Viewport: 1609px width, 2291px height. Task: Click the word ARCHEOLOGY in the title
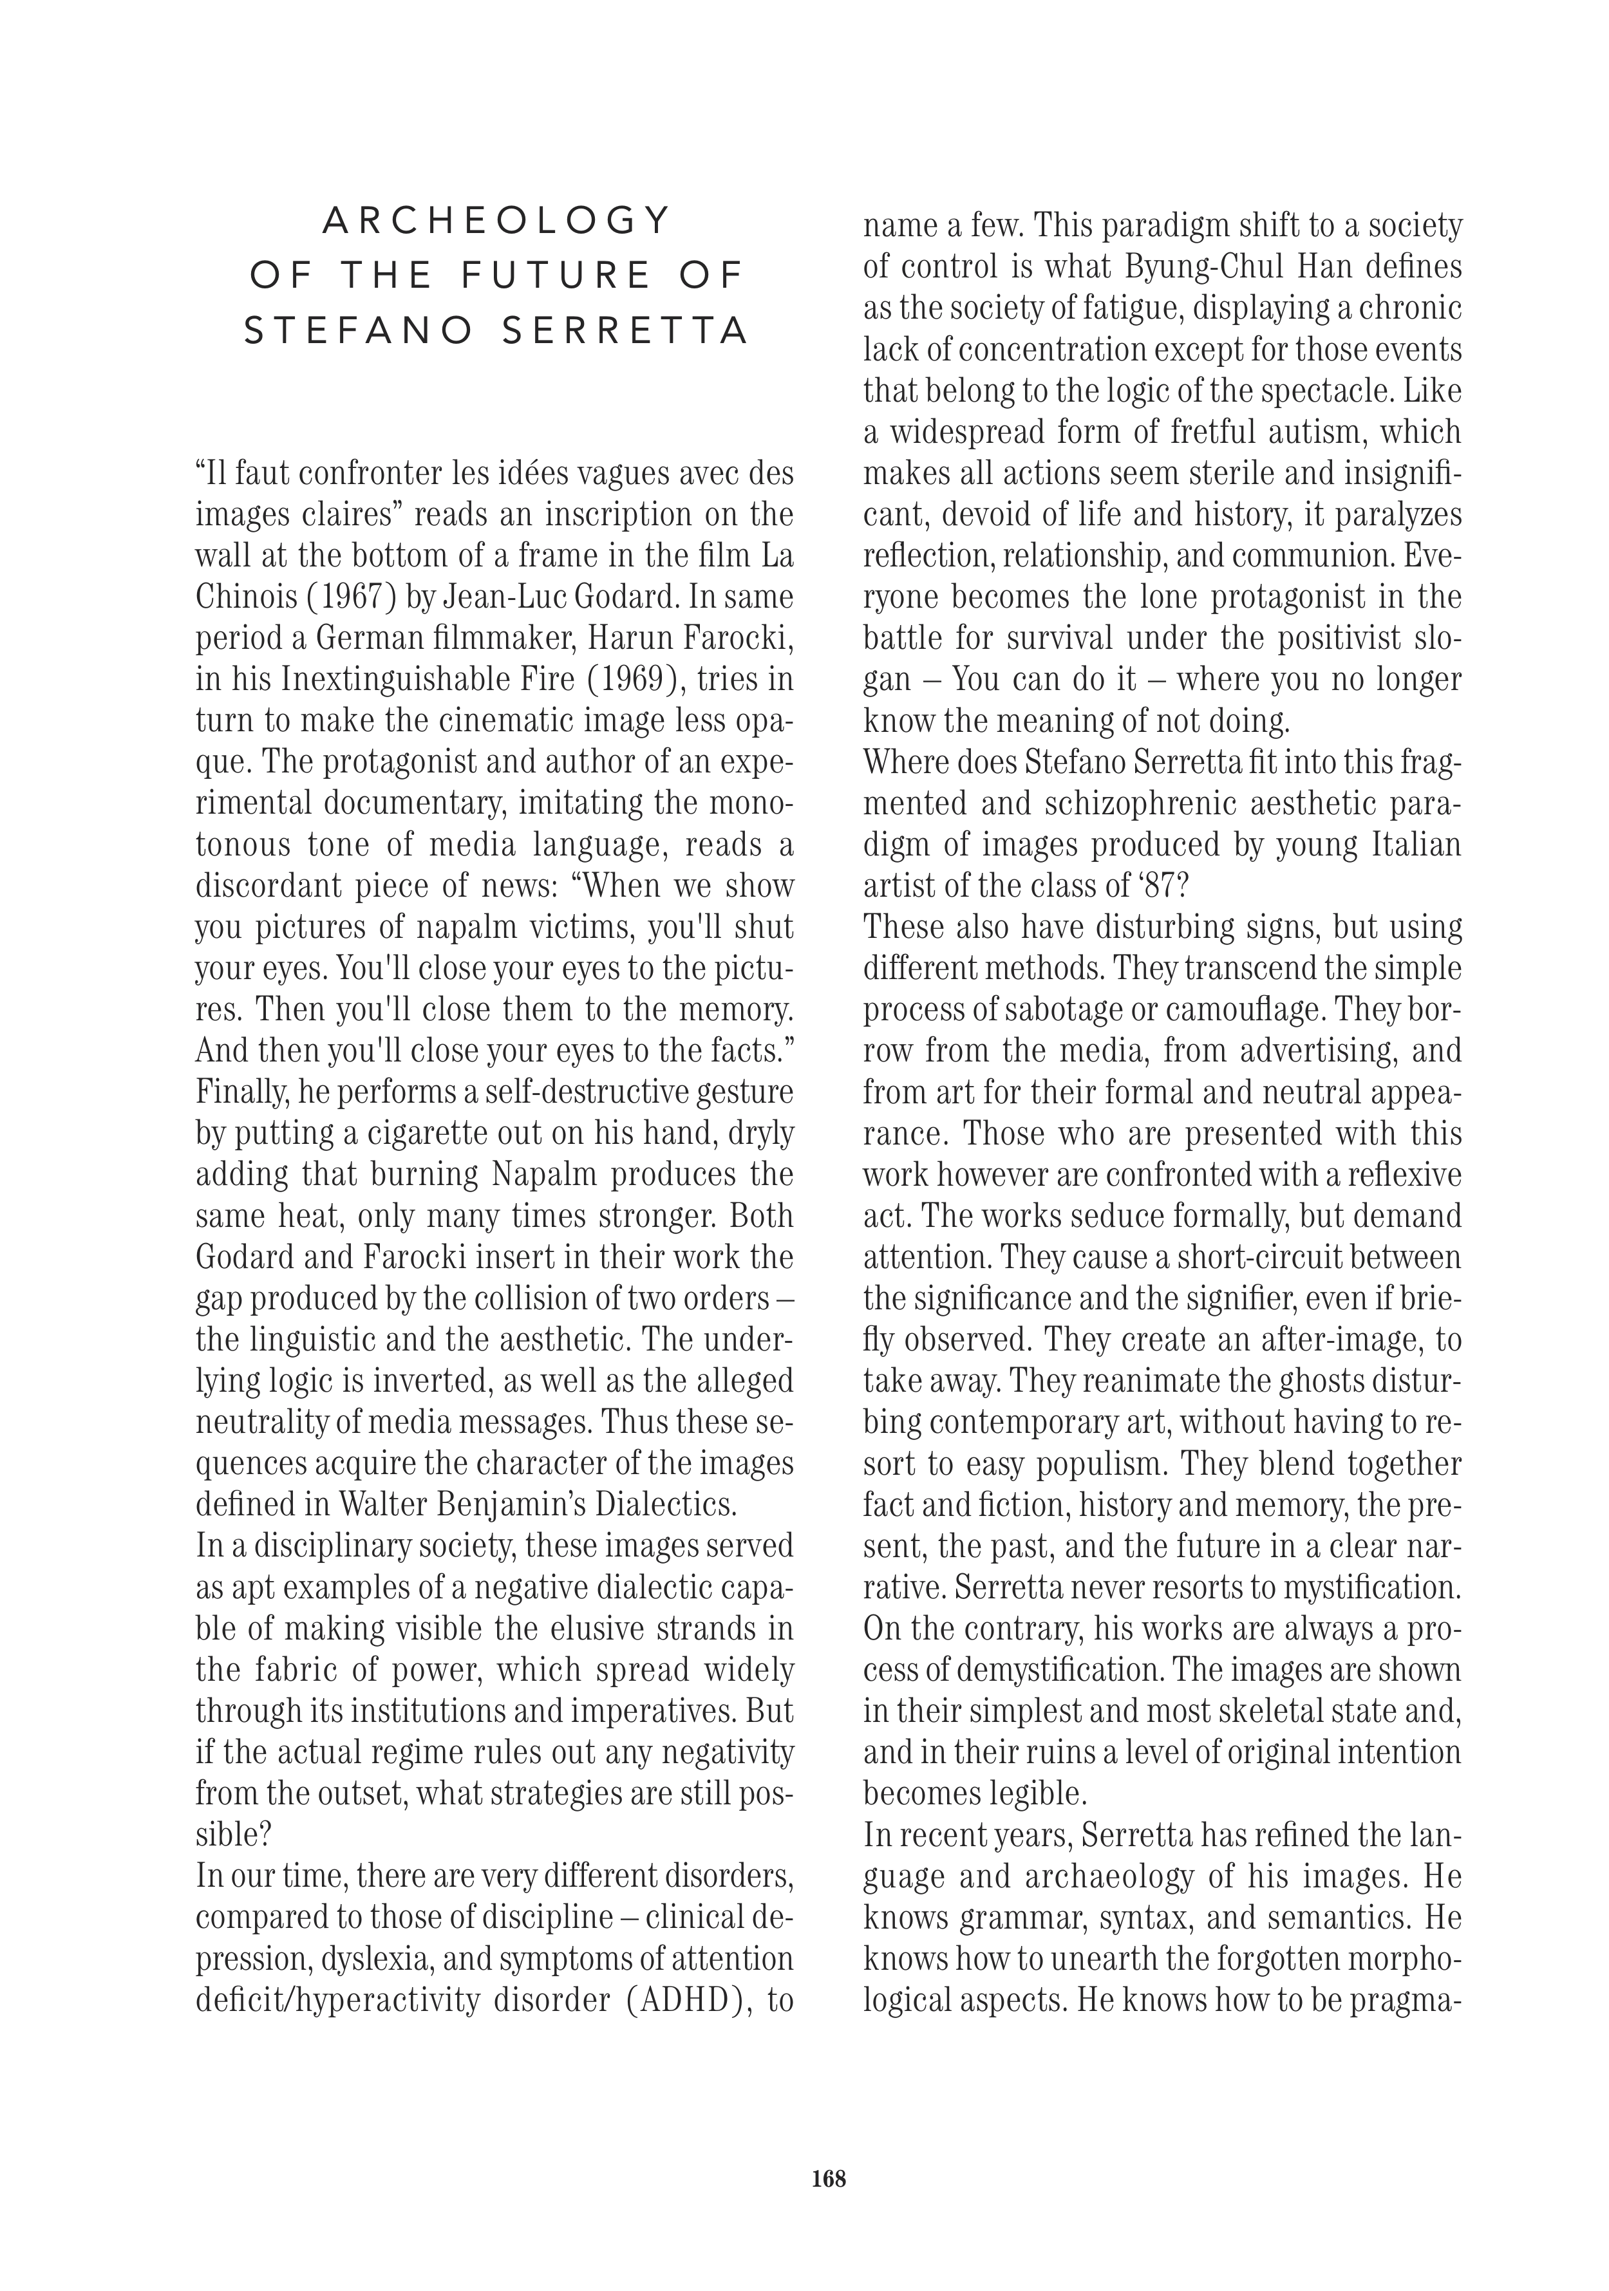pos(496,221)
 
